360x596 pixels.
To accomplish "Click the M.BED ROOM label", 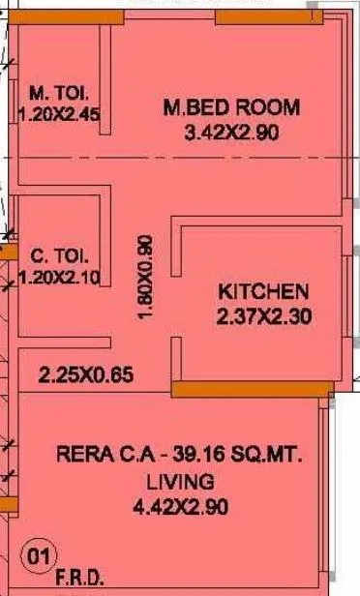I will (232, 106).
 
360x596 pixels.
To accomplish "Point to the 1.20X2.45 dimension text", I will (60, 114).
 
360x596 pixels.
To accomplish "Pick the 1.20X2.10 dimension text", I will (60, 278).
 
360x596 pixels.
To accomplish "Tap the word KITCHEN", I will (263, 291).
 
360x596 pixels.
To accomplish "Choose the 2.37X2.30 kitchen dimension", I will (263, 314).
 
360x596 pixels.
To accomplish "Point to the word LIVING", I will (180, 481).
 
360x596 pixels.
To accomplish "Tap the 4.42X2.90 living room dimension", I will (180, 505).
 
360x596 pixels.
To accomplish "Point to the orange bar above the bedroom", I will (255, 16).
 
